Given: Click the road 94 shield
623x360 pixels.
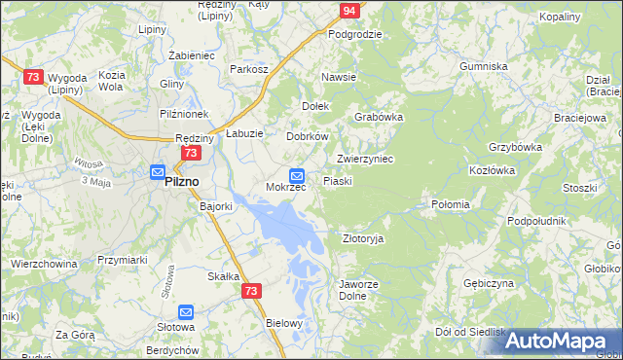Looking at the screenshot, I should pos(350,12).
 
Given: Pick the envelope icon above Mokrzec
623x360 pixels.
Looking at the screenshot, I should pos(298,175).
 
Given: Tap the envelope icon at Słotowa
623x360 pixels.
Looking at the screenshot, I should pos(186,312).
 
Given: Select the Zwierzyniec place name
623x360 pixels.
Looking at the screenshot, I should pos(364,159).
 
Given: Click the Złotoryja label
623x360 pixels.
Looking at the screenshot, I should pos(363,238).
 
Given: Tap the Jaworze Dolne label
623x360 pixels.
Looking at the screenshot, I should pos(351,291).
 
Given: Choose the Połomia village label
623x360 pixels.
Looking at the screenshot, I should pos(450,205).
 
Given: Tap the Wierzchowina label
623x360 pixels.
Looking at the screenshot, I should pos(44,263).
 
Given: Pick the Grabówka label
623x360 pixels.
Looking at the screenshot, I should pos(379,117).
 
